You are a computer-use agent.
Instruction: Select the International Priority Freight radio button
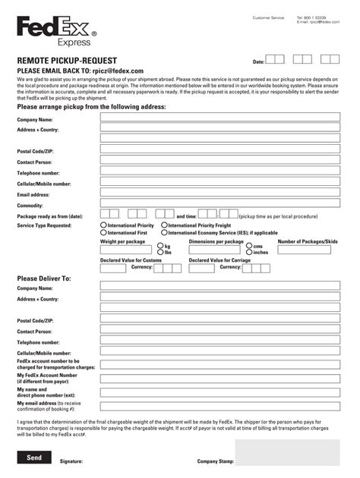164,225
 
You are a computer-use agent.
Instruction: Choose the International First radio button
103,233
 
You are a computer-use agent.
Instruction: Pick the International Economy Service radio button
164,233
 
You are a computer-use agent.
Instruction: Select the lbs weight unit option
159,252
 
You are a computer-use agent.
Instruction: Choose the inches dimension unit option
248,252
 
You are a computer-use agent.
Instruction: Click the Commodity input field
220,204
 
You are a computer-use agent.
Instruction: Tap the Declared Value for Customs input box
113,268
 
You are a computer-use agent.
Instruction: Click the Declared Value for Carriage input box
201,268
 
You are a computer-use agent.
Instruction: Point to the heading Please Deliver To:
44,278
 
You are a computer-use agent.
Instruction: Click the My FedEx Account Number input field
220,377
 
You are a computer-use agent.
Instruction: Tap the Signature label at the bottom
71,461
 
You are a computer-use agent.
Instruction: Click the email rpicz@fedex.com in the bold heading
118,71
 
